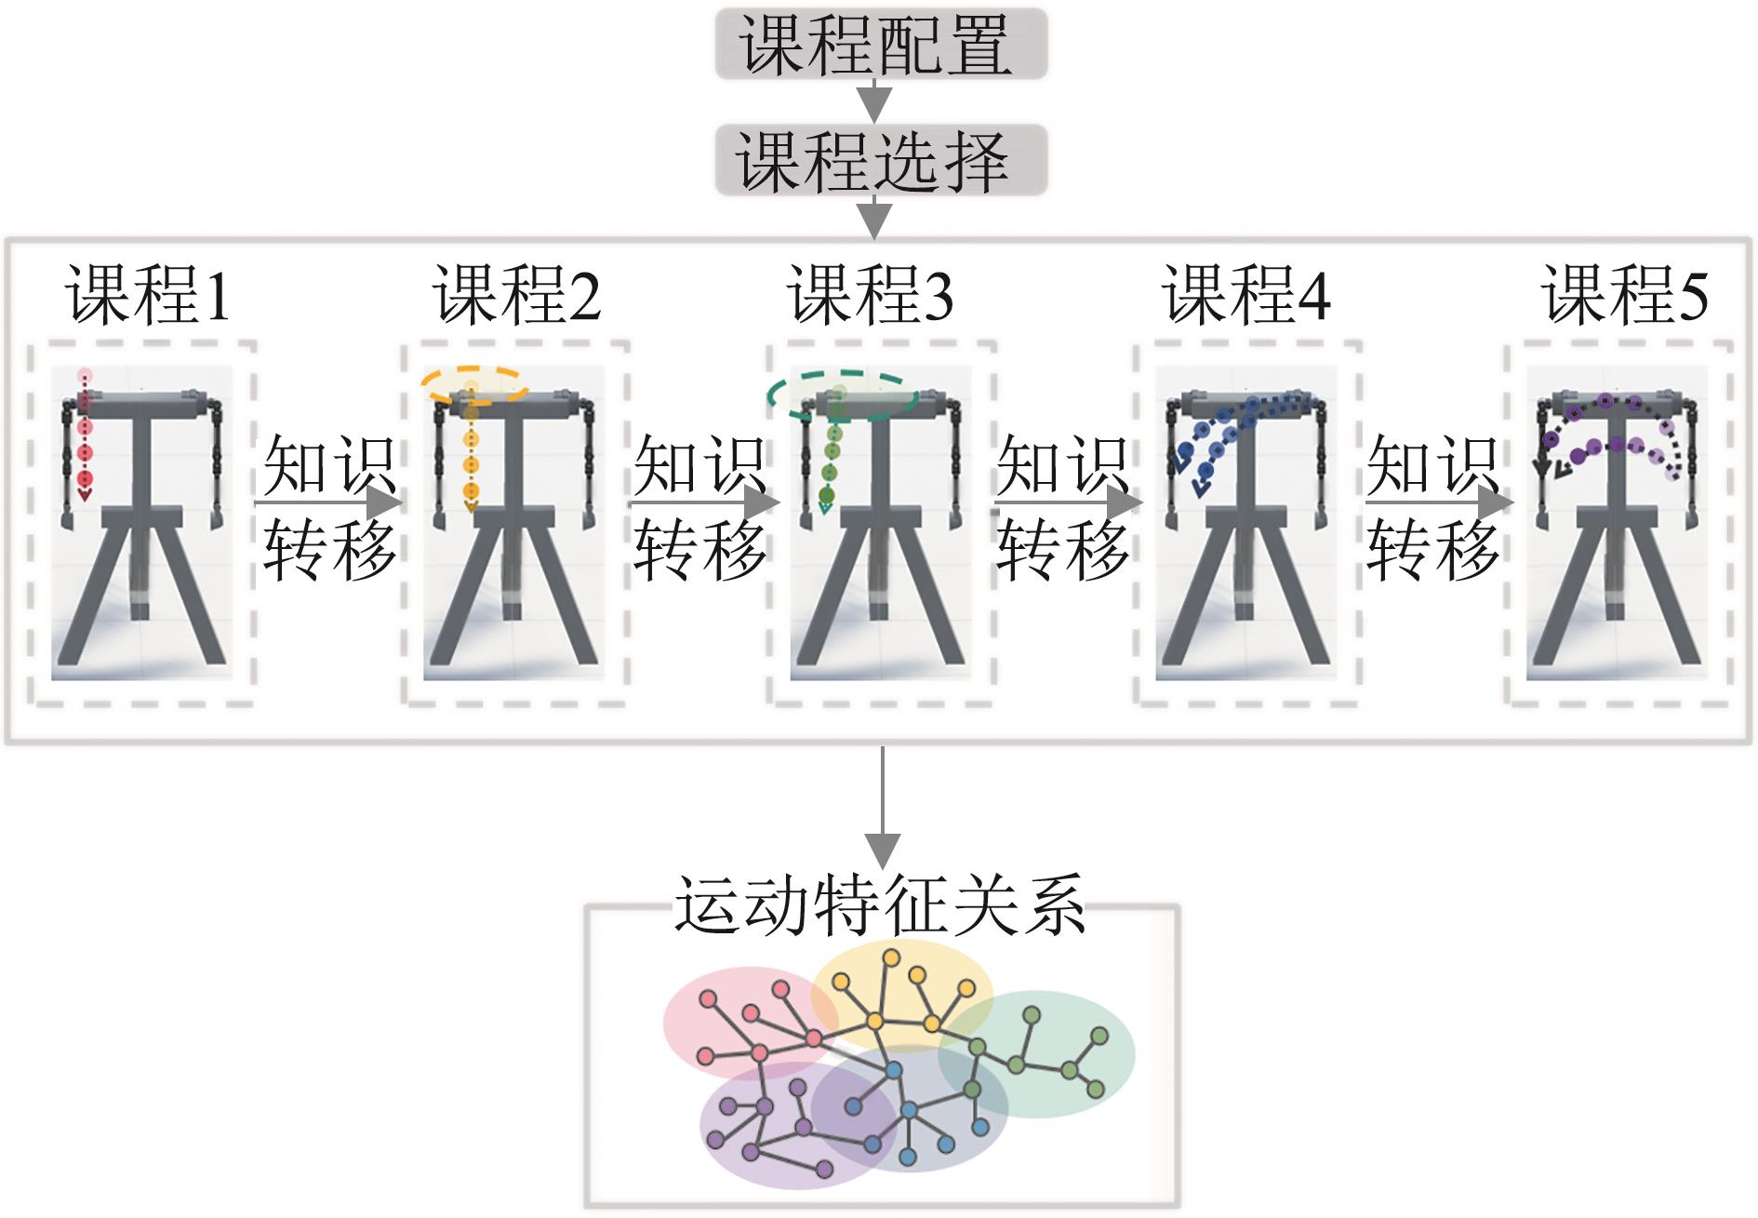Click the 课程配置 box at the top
click(x=880, y=44)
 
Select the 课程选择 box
click(x=880, y=162)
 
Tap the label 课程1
click(x=147, y=295)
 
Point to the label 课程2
click(x=516, y=295)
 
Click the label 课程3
click(x=871, y=295)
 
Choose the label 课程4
click(x=1246, y=295)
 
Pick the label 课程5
click(x=1624, y=295)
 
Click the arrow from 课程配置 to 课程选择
click(x=874, y=100)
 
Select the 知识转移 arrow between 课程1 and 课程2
click(x=329, y=503)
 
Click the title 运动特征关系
click(x=880, y=904)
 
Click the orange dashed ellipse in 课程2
click(x=474, y=384)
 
